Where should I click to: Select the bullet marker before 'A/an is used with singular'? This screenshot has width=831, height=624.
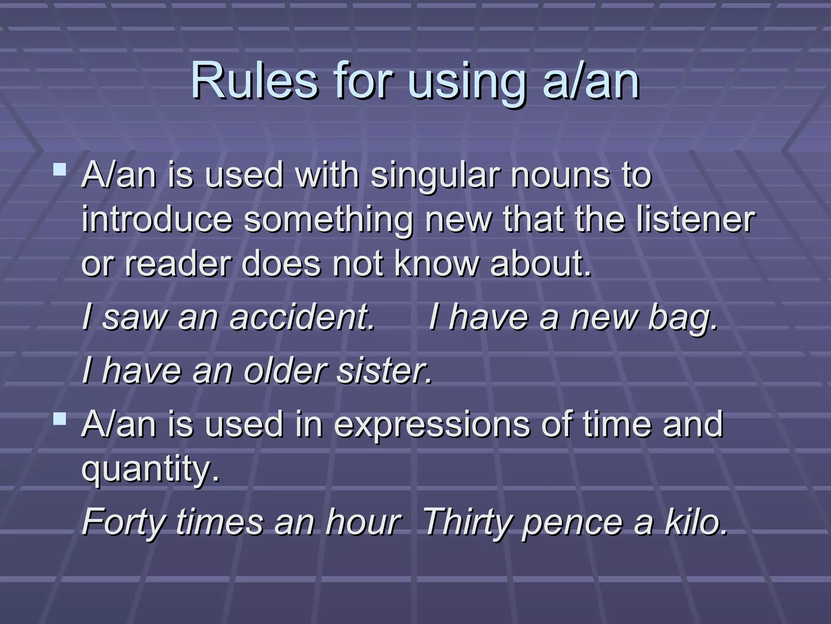(60, 169)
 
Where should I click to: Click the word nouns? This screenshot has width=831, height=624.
(560, 175)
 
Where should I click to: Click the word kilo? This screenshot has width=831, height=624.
(695, 522)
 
